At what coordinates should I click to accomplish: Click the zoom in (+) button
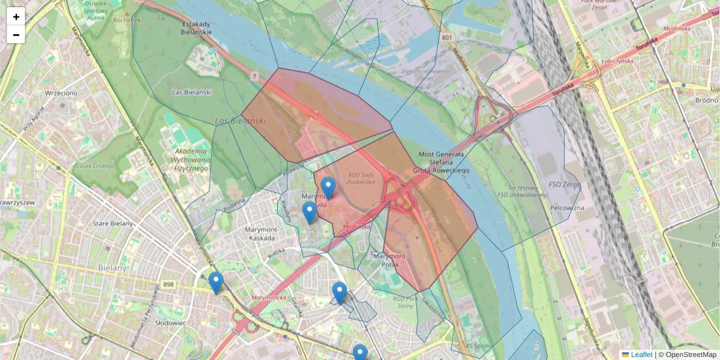(x=16, y=17)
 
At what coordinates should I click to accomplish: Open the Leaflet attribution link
(x=641, y=355)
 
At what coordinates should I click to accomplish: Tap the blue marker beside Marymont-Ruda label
(x=328, y=188)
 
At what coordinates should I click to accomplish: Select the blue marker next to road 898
(x=216, y=283)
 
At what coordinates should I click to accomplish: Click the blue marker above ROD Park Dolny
(x=340, y=292)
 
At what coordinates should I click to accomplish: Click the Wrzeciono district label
(x=61, y=93)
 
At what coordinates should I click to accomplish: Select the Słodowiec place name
(x=170, y=323)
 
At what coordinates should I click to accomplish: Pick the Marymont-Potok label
(x=389, y=260)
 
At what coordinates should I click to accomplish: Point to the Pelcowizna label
(x=566, y=208)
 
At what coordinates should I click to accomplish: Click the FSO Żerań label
(x=565, y=185)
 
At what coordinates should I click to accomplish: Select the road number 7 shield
(x=254, y=76)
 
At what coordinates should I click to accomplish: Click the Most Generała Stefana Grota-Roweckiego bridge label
(x=443, y=163)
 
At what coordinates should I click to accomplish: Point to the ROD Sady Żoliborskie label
(x=361, y=178)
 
